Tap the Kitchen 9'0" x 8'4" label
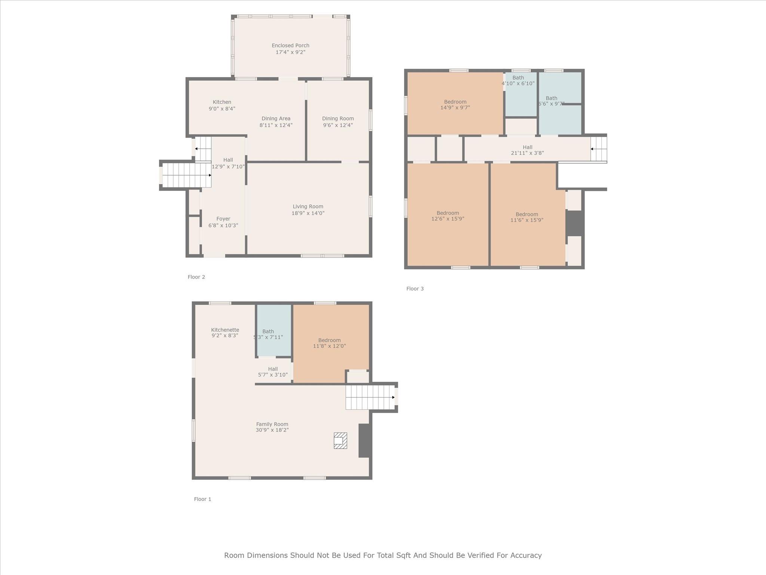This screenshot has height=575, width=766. coord(222,105)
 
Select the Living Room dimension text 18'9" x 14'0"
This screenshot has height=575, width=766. coord(308,213)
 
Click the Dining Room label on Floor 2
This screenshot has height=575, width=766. coord(338,119)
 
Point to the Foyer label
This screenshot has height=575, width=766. coord(223,219)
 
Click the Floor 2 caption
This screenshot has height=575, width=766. coord(196,277)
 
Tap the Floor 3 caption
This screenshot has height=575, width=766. coord(415,289)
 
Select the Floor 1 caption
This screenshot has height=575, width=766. coord(202,499)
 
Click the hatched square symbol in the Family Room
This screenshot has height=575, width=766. coord(340,441)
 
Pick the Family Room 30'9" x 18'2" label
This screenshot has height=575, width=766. coord(272,427)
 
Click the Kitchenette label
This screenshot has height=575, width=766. coord(225,330)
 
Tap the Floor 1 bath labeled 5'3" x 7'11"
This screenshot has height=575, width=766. coord(268,334)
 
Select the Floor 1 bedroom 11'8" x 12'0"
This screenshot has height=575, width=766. coord(329,343)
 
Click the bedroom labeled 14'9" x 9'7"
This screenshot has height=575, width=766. coord(455,104)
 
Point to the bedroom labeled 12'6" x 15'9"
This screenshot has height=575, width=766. coord(448,216)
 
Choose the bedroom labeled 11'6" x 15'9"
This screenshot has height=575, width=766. coord(527,217)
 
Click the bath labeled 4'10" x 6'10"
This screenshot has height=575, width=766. coord(518,80)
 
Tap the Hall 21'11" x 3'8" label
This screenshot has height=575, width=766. coord(527,150)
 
